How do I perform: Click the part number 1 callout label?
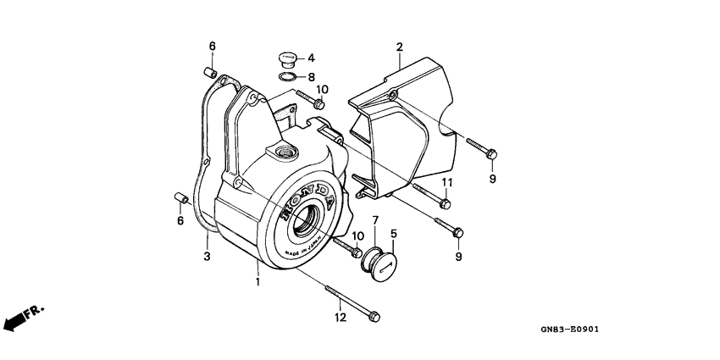258,281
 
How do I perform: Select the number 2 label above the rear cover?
400,47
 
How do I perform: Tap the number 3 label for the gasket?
207,256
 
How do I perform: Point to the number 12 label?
341,318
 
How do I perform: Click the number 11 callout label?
447,183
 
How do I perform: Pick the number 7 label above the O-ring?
375,220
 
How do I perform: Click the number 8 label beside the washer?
312,77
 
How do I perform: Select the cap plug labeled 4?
287,60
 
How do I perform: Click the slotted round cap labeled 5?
383,268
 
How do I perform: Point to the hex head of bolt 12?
374,317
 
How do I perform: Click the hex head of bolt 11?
445,203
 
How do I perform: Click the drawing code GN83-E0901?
569,330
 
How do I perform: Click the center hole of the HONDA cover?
304,220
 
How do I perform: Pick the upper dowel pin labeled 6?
210,72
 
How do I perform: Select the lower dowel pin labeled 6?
181,198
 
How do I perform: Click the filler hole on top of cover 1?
286,152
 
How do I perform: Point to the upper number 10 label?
323,89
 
